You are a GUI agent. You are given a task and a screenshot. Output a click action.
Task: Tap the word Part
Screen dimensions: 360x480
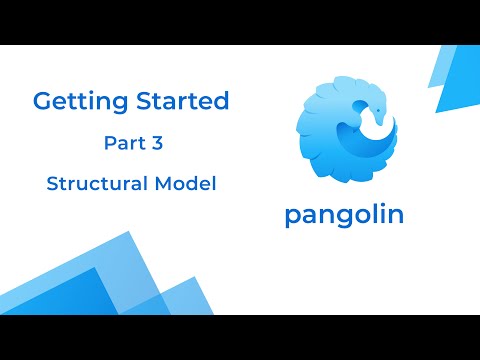click(x=122, y=143)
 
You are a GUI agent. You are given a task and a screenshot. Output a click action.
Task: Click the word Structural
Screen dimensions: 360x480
click(x=98, y=184)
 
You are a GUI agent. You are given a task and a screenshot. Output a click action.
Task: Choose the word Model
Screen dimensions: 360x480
click(x=188, y=184)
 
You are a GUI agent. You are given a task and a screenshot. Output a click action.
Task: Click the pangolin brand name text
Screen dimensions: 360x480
click(x=344, y=215)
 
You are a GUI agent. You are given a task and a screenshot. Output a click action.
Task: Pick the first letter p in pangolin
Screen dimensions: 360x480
click(x=292, y=218)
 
